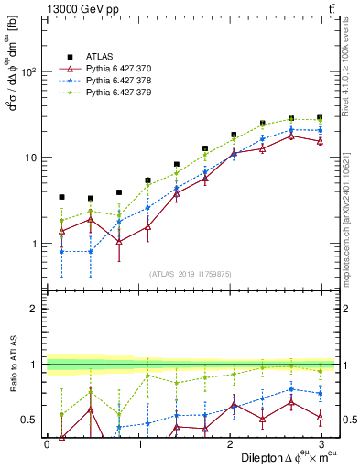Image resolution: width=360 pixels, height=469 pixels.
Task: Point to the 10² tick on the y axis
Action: click(29, 71)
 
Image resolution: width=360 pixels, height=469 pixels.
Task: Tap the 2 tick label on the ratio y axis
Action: click(34, 309)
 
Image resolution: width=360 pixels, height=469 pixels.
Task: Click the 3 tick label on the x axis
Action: click(322, 444)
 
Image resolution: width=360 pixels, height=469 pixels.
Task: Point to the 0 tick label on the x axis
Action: click(47, 444)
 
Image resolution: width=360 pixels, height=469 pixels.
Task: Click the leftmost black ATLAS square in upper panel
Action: click(61, 197)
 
